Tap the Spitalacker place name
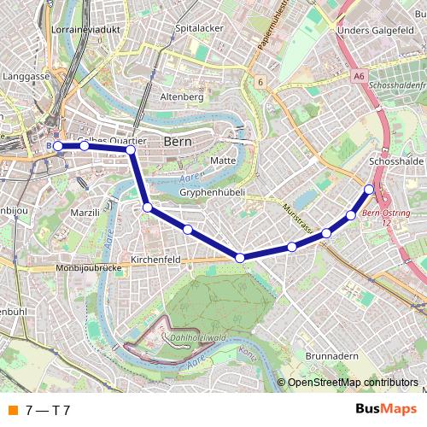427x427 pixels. (x=199, y=28)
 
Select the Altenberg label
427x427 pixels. (x=182, y=97)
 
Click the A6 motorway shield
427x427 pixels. (x=359, y=76)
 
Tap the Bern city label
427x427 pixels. (x=178, y=142)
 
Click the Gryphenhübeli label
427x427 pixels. (x=213, y=193)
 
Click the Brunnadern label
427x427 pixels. (x=330, y=355)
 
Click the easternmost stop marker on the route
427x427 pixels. (x=369, y=190)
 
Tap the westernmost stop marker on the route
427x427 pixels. (x=58, y=146)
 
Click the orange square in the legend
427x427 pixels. (x=12, y=410)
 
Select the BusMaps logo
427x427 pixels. (x=386, y=410)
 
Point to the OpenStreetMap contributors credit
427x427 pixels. (x=353, y=383)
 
